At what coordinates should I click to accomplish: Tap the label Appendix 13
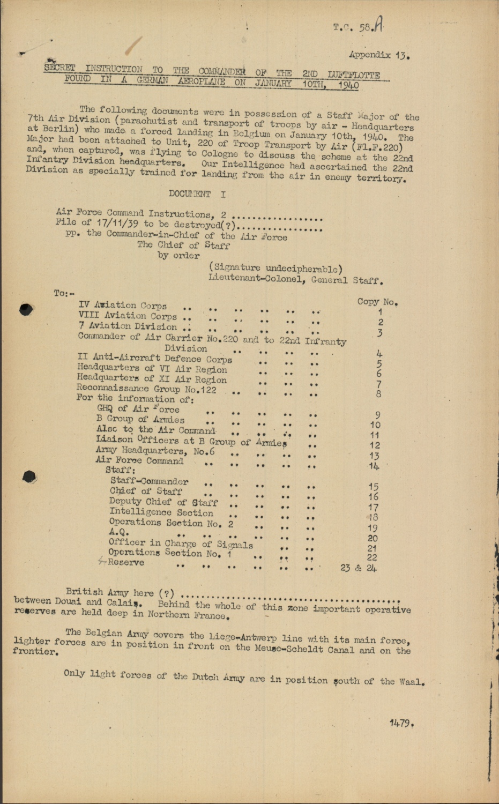[379, 55]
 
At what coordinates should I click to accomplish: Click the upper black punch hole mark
[26, 309]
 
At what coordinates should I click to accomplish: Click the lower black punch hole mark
[29, 476]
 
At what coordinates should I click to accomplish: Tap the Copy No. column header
[377, 302]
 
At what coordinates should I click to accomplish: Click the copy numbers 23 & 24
[358, 568]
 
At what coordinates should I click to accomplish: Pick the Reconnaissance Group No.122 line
[146, 389]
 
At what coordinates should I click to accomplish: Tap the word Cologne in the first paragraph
[219, 154]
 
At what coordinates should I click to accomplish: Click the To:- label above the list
[64, 293]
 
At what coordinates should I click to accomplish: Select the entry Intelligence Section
[161, 512]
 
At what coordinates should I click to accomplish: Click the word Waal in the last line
[411, 682]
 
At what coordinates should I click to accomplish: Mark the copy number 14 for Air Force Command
[374, 466]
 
